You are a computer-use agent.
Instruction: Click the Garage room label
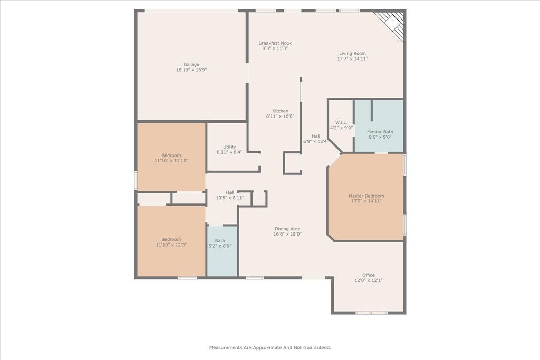(x=191, y=64)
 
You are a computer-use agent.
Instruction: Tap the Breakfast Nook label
(x=275, y=43)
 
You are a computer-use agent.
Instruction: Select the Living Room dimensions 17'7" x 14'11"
(x=352, y=59)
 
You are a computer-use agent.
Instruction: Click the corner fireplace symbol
(x=391, y=25)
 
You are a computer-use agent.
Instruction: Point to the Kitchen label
(x=281, y=111)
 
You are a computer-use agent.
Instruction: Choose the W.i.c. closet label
(x=341, y=122)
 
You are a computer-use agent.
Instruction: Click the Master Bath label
(x=380, y=131)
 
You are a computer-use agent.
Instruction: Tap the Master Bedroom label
(x=366, y=196)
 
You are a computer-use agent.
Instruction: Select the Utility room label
(x=229, y=147)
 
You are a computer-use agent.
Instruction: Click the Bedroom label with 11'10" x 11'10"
(x=171, y=155)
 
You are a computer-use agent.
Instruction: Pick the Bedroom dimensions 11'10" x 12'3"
(x=171, y=245)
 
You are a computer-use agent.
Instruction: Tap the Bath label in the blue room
(x=220, y=241)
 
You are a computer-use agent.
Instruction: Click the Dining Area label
(x=287, y=229)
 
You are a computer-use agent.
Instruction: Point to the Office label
(x=369, y=275)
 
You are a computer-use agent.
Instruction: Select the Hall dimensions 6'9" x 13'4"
(x=315, y=141)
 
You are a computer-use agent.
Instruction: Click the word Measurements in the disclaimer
(x=226, y=347)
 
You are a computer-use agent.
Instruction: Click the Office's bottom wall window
(x=372, y=313)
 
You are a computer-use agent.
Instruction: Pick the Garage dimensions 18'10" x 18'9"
(x=191, y=70)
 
